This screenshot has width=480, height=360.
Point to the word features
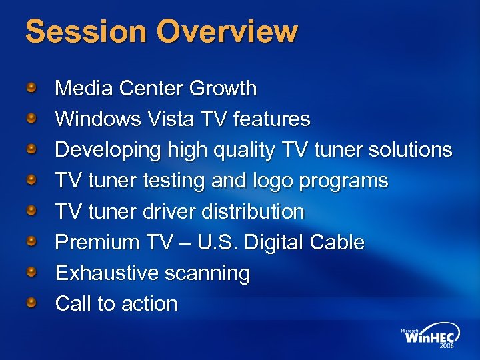[269, 119]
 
